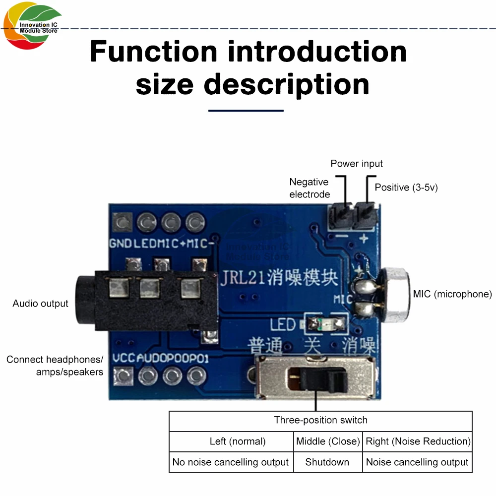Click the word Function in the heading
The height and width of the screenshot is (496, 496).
click(153, 52)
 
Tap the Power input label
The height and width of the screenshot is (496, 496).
click(357, 164)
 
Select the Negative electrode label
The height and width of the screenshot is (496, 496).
click(310, 188)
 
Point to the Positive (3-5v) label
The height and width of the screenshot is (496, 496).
click(406, 187)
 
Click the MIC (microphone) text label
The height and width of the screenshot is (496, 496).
click(452, 294)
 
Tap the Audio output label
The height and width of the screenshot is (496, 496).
click(41, 304)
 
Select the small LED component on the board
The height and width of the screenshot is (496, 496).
click(325, 324)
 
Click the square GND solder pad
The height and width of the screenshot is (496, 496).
click(122, 221)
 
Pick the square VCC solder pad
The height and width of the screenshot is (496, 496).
click(123, 375)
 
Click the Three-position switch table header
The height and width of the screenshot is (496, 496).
click(320, 421)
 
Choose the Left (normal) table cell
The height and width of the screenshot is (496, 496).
click(231, 441)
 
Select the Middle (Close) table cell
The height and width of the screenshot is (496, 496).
click(328, 441)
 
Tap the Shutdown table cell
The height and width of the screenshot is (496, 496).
click(327, 462)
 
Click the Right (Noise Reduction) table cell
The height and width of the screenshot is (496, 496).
click(418, 441)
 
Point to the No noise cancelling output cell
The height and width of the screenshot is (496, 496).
click(231, 462)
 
